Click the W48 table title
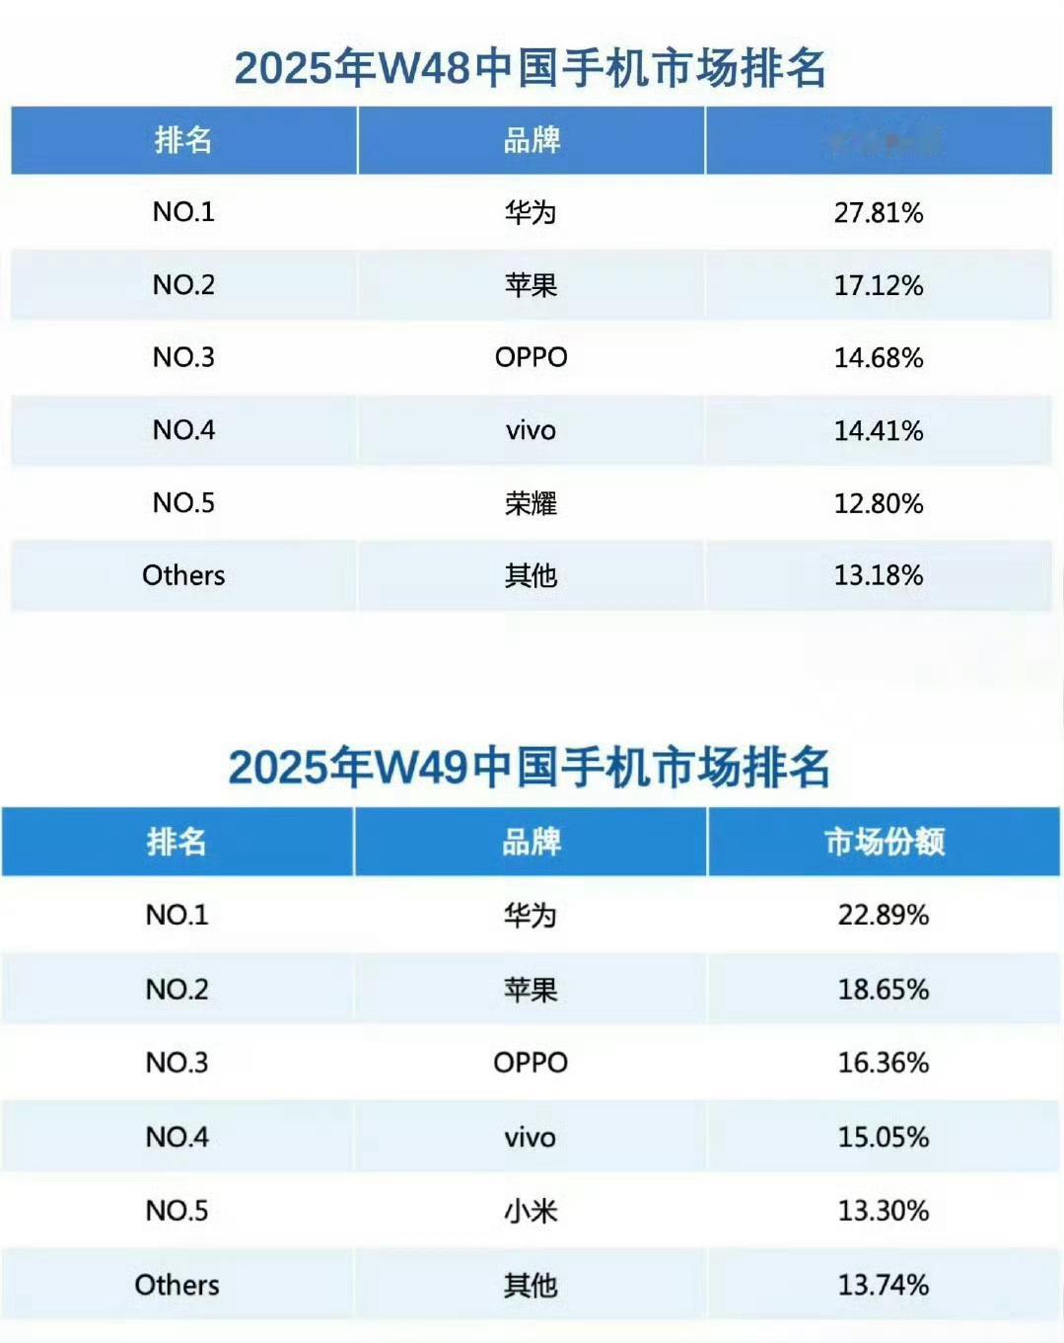coord(531,69)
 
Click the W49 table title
coord(530,768)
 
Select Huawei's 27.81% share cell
coord(878,212)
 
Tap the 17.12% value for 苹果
coord(878,285)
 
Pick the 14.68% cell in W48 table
coord(878,357)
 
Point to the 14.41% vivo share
coord(878,430)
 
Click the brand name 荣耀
coord(531,503)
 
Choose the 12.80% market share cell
coord(878,503)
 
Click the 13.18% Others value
coord(878,575)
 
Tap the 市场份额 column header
coord(884,842)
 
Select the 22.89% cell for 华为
coord(883,915)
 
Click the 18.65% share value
coord(883,989)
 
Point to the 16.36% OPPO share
coord(883,1063)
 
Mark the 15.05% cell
coord(883,1137)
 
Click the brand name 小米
coord(531,1211)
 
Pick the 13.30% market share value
coord(883,1211)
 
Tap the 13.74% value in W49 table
coord(883,1285)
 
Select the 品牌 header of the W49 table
coord(531,842)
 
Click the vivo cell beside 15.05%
coord(531,1137)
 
